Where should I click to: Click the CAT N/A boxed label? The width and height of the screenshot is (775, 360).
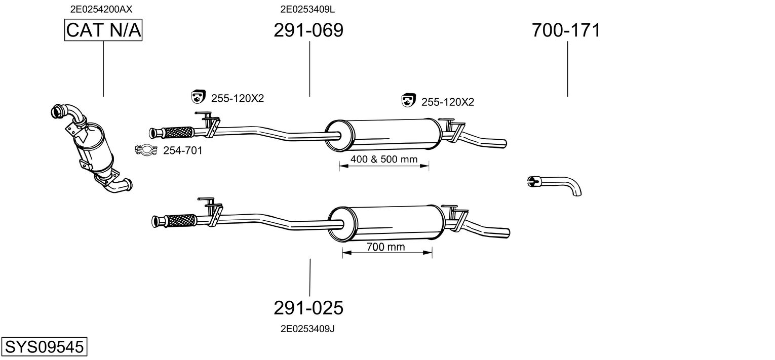(x=103, y=30)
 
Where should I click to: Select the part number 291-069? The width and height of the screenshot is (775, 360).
(x=308, y=30)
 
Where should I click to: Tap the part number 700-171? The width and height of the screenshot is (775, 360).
(x=566, y=30)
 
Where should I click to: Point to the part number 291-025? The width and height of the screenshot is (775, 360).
(x=308, y=307)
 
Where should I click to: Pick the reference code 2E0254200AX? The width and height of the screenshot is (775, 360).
(x=101, y=9)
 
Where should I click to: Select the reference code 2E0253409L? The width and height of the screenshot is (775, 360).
(x=307, y=9)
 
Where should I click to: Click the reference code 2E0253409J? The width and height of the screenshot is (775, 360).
(x=307, y=329)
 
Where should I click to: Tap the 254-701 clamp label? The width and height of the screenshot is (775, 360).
(x=182, y=150)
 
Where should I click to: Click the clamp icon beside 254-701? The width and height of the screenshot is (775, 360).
(x=145, y=150)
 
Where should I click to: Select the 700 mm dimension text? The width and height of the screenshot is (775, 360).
(x=386, y=247)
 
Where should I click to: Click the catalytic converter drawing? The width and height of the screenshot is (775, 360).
(x=94, y=149)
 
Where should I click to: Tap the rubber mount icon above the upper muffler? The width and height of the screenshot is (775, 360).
(x=408, y=101)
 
